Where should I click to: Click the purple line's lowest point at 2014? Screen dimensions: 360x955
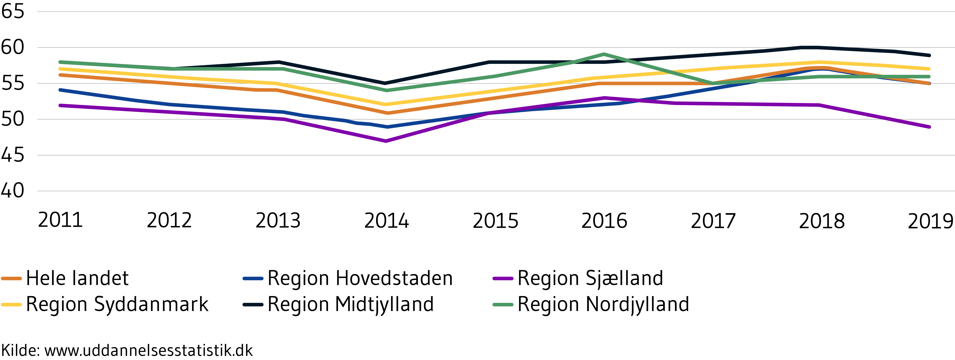click(386, 141)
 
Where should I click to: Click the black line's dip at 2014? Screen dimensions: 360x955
click(386, 83)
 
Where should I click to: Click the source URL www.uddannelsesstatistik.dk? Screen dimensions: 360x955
click(148, 350)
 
